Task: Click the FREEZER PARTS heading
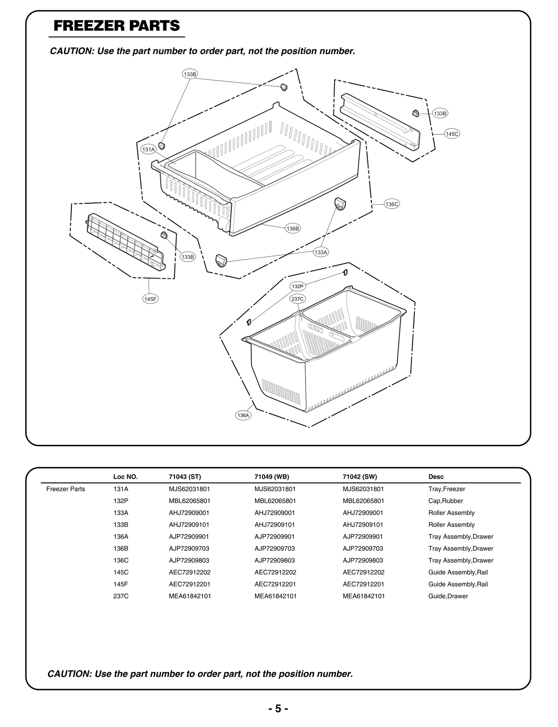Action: click(117, 26)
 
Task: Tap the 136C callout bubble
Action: click(391, 204)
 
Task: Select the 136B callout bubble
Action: click(292, 228)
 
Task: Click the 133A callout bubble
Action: click(321, 252)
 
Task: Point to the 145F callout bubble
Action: click(150, 299)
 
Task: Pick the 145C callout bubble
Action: click(452, 134)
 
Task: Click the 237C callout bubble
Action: click(298, 299)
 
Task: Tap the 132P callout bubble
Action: click(297, 286)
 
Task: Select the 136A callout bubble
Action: click(243, 415)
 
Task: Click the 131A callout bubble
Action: click(148, 149)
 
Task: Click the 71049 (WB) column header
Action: click(272, 477)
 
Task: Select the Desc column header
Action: click(436, 477)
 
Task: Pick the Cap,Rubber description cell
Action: click(445, 501)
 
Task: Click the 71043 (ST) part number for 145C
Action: click(189, 572)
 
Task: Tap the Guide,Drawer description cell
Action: click(448, 596)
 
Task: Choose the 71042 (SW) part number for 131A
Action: click(363, 489)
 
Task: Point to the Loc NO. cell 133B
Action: click(121, 524)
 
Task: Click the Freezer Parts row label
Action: click(66, 489)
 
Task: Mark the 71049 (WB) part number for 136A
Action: click(274, 536)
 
